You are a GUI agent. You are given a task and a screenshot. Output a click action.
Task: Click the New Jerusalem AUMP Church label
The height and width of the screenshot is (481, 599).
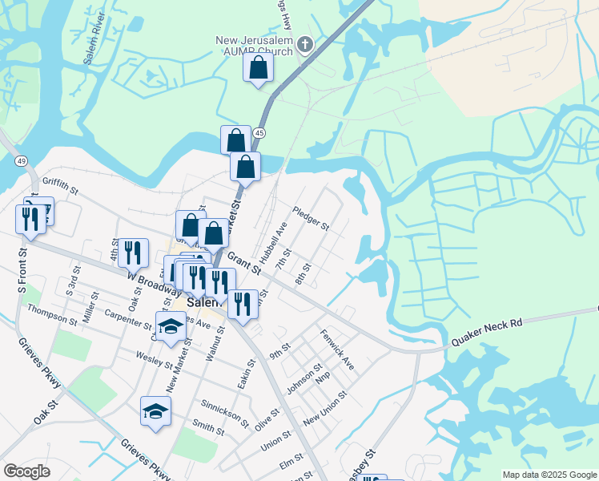pyautogui.click(x=255, y=46)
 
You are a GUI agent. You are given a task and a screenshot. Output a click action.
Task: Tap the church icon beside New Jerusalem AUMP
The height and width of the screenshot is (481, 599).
pyautogui.click(x=304, y=45)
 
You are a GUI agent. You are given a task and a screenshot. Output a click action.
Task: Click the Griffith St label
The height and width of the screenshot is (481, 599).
pyautogui.click(x=62, y=192)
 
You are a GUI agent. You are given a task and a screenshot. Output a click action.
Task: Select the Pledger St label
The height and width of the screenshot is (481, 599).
pyautogui.click(x=312, y=218)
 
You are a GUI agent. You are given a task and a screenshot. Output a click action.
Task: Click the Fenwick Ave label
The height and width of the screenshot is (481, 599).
pyautogui.click(x=337, y=350)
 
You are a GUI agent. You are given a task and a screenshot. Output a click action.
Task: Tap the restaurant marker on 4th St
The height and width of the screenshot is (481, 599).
pyautogui.click(x=133, y=252)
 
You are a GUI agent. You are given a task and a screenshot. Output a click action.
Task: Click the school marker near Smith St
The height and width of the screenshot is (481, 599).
pyautogui.click(x=155, y=411)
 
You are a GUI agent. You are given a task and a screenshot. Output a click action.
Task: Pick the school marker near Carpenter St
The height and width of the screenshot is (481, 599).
pyautogui.click(x=170, y=326)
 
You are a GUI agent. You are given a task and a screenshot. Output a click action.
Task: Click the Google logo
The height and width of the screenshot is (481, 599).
pyautogui.click(x=27, y=471)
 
